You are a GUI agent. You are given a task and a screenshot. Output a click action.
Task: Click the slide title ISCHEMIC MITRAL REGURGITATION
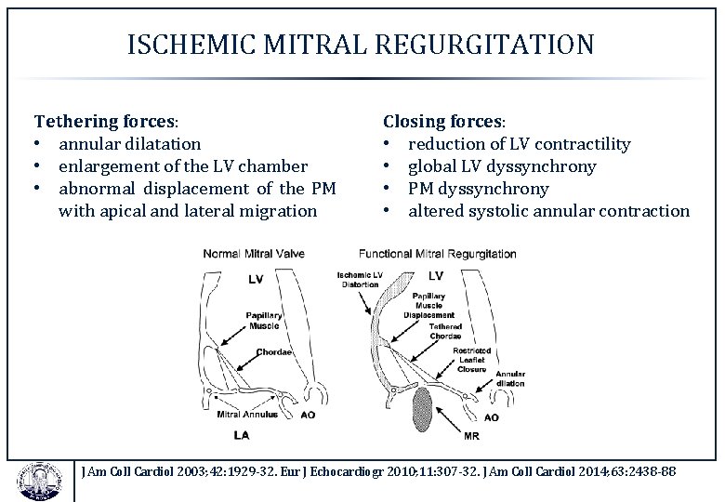pyautogui.click(x=361, y=44)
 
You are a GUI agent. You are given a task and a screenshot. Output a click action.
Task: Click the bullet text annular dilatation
pyautogui.click(x=129, y=144)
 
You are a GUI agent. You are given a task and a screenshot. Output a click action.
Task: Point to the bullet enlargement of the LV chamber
pyautogui.click(x=182, y=166)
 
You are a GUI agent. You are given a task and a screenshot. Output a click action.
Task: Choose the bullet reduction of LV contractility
pyautogui.click(x=519, y=144)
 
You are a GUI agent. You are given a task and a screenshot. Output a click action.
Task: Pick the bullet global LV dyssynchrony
pyautogui.click(x=502, y=166)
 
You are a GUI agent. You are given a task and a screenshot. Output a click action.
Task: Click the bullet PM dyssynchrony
pyautogui.click(x=478, y=189)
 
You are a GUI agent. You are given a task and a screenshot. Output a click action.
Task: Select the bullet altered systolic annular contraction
pyautogui.click(x=548, y=211)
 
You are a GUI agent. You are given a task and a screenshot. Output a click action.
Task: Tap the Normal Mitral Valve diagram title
pyautogui.click(x=255, y=253)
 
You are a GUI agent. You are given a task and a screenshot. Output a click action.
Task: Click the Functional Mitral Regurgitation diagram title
pyautogui.click(x=438, y=253)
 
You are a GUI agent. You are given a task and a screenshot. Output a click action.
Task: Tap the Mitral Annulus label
pyautogui.click(x=246, y=416)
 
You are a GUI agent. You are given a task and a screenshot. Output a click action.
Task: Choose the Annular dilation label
pyautogui.click(x=510, y=378)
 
